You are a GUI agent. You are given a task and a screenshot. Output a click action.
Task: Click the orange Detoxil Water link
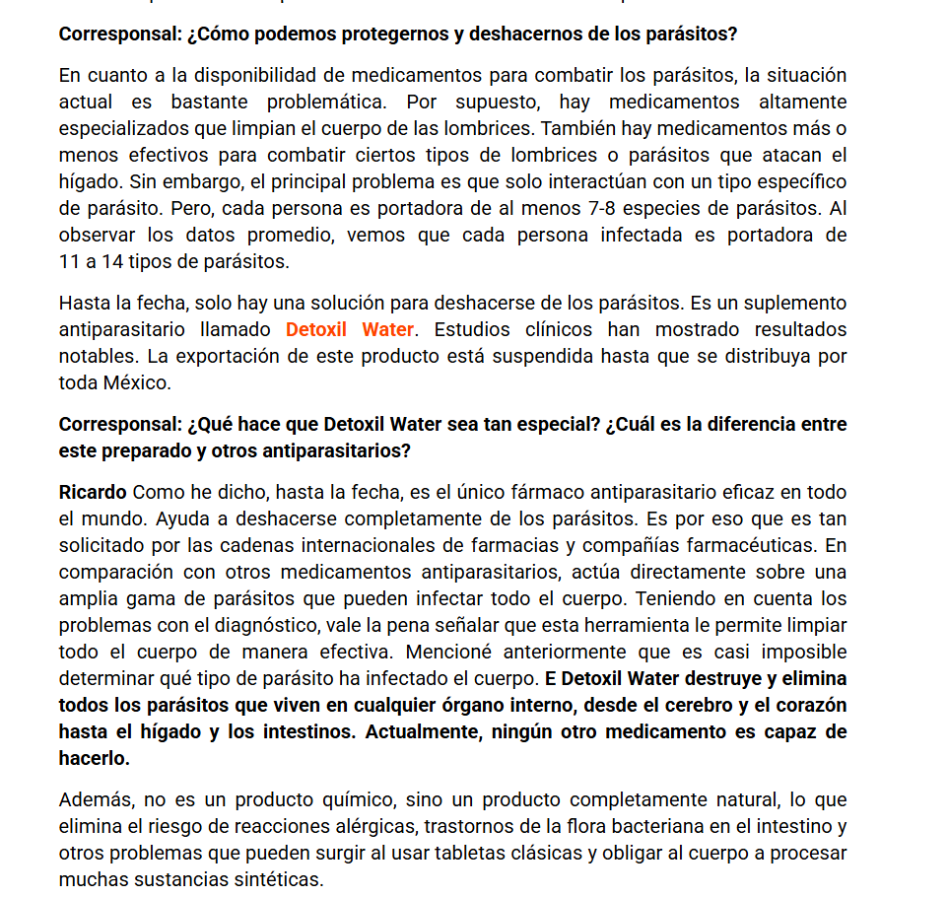pyautogui.click(x=350, y=329)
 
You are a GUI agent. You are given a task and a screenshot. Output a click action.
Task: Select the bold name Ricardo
pyautogui.click(x=93, y=492)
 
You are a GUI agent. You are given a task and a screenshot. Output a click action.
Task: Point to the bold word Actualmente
pyautogui.click(x=426, y=732)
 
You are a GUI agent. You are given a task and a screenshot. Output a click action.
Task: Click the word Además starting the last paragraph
pyautogui.click(x=92, y=799)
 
